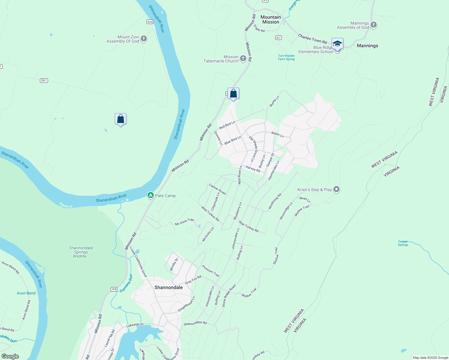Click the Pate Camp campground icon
151,195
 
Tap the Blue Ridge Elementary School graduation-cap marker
337,44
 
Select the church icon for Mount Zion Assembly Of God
144,39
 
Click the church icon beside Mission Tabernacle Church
243,58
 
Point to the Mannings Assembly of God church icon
374,25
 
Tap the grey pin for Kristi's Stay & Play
336,189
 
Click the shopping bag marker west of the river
120,119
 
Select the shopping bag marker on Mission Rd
233,94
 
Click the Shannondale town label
169,287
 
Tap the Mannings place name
367,46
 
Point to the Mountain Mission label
271,19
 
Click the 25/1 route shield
44,80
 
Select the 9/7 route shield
278,37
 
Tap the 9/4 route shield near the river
149,22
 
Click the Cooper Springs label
403,243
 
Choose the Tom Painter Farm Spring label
286,57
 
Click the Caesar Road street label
217,189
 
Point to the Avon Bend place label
26,293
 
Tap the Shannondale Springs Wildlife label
81,252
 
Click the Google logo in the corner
10,356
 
